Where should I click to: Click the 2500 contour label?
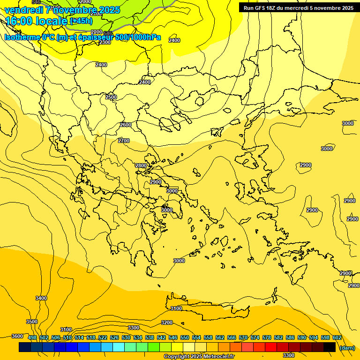click(111, 97)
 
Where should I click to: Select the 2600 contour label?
click(126, 125)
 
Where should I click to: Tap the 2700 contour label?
click(124, 141)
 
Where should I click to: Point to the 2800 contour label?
click(141, 165)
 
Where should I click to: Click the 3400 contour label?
click(41, 298)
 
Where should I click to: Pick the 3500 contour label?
click(32, 322)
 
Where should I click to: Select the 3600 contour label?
click(17, 336)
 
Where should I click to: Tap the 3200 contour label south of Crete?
click(166, 322)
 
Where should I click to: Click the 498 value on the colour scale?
click(32, 337)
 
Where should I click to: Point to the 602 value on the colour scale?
click(337, 337)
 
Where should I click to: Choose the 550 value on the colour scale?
click(185, 337)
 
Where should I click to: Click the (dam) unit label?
click(347, 347)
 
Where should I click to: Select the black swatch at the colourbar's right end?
click(330, 347)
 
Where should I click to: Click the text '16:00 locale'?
click(37, 21)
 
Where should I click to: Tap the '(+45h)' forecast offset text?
click(82, 21)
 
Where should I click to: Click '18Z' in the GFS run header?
click(271, 8)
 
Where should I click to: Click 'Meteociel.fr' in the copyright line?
click(217, 357)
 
